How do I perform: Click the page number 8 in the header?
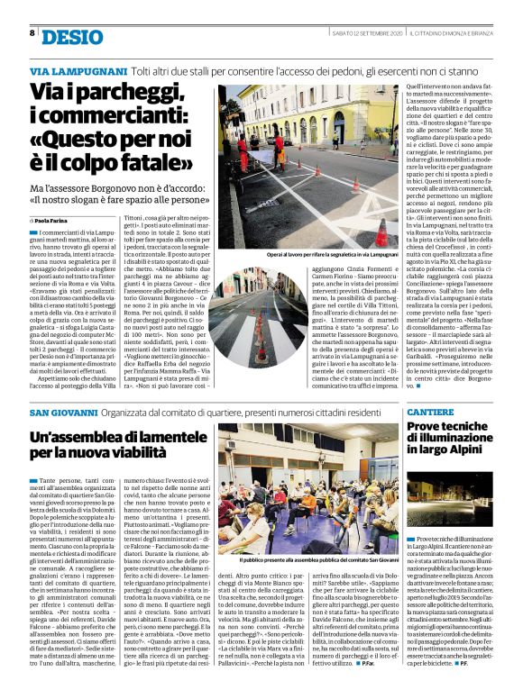32,32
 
